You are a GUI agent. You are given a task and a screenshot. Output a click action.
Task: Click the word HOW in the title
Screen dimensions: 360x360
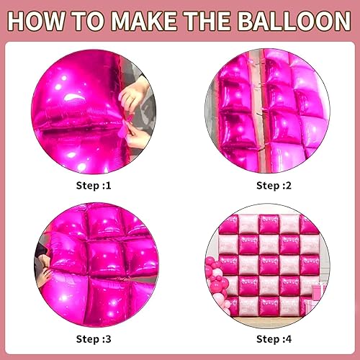click(x=37, y=20)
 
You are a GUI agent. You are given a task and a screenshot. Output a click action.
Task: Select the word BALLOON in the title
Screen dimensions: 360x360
click(x=292, y=20)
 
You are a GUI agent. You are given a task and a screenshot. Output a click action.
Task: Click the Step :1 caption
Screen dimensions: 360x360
click(x=94, y=185)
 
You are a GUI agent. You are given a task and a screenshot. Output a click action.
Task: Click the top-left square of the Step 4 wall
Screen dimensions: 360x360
click(x=229, y=224)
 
